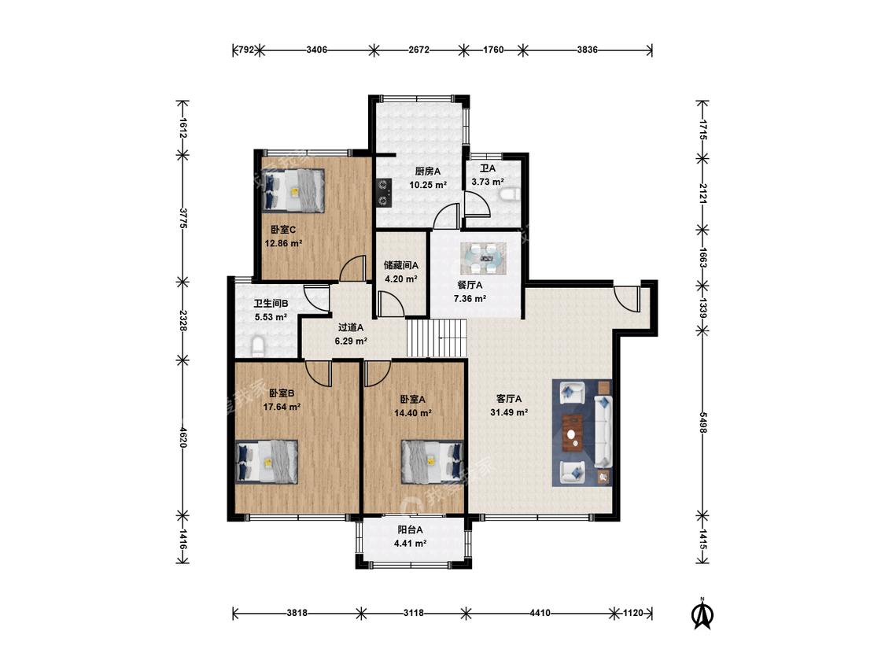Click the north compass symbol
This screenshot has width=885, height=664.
tap(702, 614)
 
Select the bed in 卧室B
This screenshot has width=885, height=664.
tap(267, 461)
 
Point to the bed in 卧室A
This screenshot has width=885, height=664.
tap(433, 461)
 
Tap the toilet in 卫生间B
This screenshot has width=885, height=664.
tap(257, 345)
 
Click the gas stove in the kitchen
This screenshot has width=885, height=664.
tap(385, 191)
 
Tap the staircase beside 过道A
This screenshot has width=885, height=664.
tap(437, 338)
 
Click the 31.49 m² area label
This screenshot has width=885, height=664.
tap(509, 413)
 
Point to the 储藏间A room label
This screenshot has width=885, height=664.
tap(400, 265)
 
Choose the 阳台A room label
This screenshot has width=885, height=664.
tap(410, 530)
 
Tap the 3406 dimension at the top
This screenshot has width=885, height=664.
tap(317, 50)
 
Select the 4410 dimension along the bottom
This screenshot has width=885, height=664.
tap(540, 613)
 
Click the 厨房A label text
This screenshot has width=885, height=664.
tap(428, 172)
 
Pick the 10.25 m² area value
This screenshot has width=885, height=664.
tap(429, 185)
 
